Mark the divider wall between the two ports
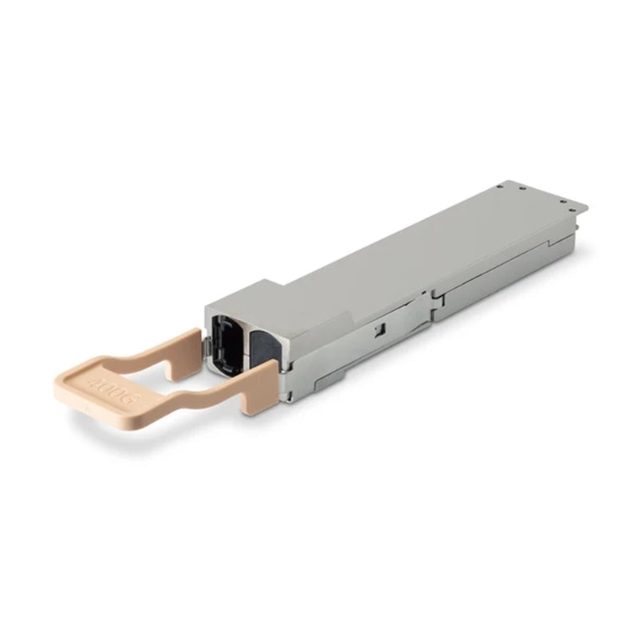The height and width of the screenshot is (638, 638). coord(246,339)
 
